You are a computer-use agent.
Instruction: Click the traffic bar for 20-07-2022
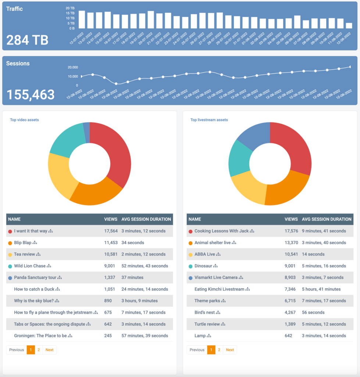(150, 20)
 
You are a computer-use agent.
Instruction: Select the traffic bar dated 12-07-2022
(82, 20)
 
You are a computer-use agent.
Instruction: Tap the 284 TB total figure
(28, 40)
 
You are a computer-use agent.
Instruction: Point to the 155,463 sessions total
(31, 95)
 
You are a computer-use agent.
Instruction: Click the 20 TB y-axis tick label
(70, 8)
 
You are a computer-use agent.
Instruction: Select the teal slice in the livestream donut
(239, 158)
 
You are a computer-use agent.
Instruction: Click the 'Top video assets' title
(24, 120)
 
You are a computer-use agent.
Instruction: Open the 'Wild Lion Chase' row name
(30, 266)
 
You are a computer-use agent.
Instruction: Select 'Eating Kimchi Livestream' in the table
(219, 289)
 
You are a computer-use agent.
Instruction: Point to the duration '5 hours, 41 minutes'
(321, 289)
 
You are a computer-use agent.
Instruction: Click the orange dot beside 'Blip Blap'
(10, 243)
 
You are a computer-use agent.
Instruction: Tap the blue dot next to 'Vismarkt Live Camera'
(190, 278)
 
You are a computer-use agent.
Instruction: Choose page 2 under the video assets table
(39, 350)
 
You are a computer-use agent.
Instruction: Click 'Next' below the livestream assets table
(230, 350)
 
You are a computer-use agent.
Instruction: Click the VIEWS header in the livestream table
(291, 219)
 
